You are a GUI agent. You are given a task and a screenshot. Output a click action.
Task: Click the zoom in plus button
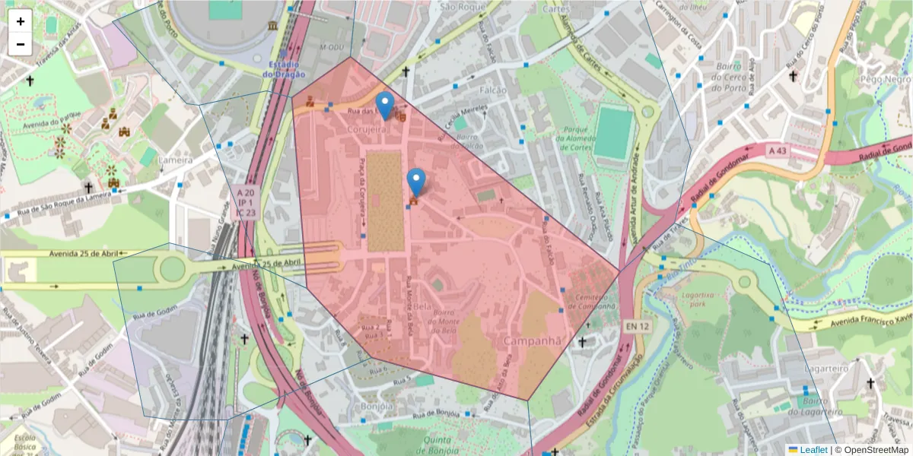pos(21,21)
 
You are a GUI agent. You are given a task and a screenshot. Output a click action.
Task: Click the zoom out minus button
pos(21,44)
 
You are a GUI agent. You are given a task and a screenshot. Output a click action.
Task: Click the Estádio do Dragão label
pos(284,69)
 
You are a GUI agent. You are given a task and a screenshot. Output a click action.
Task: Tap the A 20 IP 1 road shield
pos(245,204)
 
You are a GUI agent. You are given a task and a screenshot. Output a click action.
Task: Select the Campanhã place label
pos(536,341)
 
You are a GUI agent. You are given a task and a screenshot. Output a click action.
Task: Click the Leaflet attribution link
pos(813,450)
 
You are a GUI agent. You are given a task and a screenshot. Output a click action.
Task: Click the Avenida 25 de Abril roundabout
pos(173,268)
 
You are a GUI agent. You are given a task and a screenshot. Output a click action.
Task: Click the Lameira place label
pos(173,160)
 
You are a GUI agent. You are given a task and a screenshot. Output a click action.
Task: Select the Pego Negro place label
pos(885,79)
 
